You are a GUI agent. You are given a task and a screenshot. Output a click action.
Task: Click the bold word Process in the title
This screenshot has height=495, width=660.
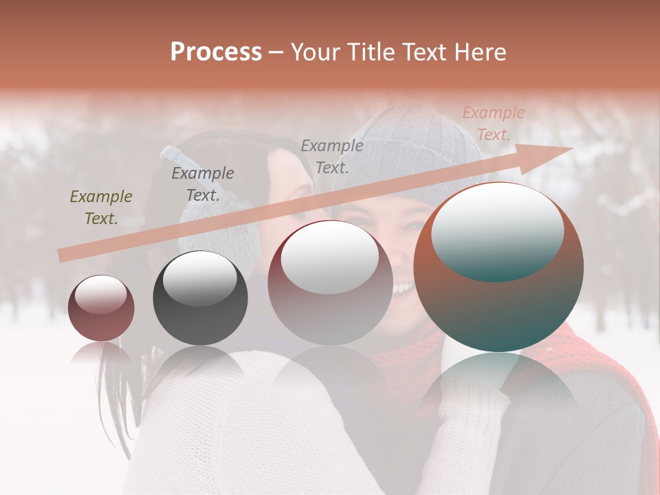coord(216,52)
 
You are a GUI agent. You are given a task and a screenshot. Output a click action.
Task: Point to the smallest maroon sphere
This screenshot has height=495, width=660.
coord(101,308)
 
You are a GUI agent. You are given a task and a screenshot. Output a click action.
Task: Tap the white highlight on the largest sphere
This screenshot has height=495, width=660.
coord(497,230)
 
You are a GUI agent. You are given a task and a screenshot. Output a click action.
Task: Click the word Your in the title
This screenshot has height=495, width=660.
coord(313,52)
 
